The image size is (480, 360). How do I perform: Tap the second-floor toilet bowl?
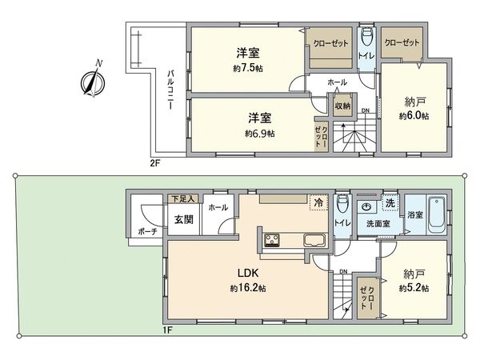(x=366, y=37)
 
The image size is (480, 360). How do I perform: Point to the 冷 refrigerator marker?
(x=318, y=202)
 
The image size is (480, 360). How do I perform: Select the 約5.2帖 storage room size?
(x=414, y=289)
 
